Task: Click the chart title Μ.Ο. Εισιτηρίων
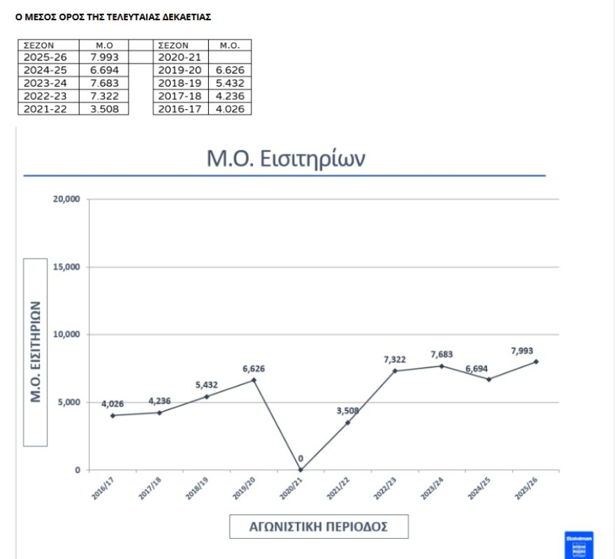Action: click(x=286, y=158)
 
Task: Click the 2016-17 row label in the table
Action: click(x=180, y=108)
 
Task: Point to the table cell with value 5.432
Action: click(x=229, y=83)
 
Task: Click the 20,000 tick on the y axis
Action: click(x=67, y=199)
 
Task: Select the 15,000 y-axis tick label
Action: click(x=67, y=267)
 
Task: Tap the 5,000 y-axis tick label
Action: click(x=70, y=402)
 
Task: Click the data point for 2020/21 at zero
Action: click(x=301, y=470)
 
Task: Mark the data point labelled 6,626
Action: click(x=254, y=380)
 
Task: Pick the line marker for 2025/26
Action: click(x=536, y=361)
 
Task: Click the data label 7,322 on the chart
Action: click(x=395, y=359)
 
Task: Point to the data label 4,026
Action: click(x=113, y=404)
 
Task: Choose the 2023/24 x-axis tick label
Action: click(x=430, y=488)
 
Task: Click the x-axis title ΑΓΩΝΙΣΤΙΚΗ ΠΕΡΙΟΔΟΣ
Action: click(x=319, y=526)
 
